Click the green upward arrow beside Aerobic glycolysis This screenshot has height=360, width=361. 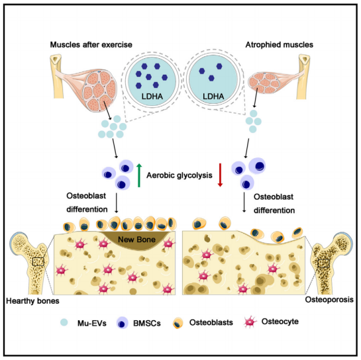(x=139, y=175)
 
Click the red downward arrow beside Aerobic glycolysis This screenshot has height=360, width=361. (x=220, y=175)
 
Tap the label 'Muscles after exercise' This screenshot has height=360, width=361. (x=91, y=44)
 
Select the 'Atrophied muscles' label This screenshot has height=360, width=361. (x=280, y=44)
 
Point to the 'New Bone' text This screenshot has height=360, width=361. (x=136, y=240)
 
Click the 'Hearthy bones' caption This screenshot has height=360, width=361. (x=32, y=300)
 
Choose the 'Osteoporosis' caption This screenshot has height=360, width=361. (x=329, y=300)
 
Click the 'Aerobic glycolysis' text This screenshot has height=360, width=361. (x=180, y=175)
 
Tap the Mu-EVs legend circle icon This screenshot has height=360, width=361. (x=64, y=322)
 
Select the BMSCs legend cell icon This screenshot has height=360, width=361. (x=123, y=323)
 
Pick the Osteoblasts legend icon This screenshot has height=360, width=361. (x=178, y=323)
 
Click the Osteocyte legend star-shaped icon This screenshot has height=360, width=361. (x=250, y=322)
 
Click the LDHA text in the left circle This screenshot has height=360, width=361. (x=152, y=96)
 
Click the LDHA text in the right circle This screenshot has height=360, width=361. (x=213, y=96)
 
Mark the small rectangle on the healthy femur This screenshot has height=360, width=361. (x=38, y=262)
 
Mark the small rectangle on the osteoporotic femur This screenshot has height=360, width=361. (x=323, y=263)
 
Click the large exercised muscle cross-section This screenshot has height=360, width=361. (x=100, y=90)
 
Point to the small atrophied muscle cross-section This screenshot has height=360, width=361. (x=264, y=83)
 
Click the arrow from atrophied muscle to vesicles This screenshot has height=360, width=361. (x=256, y=98)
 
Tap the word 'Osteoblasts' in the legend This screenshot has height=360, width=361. (x=211, y=322)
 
